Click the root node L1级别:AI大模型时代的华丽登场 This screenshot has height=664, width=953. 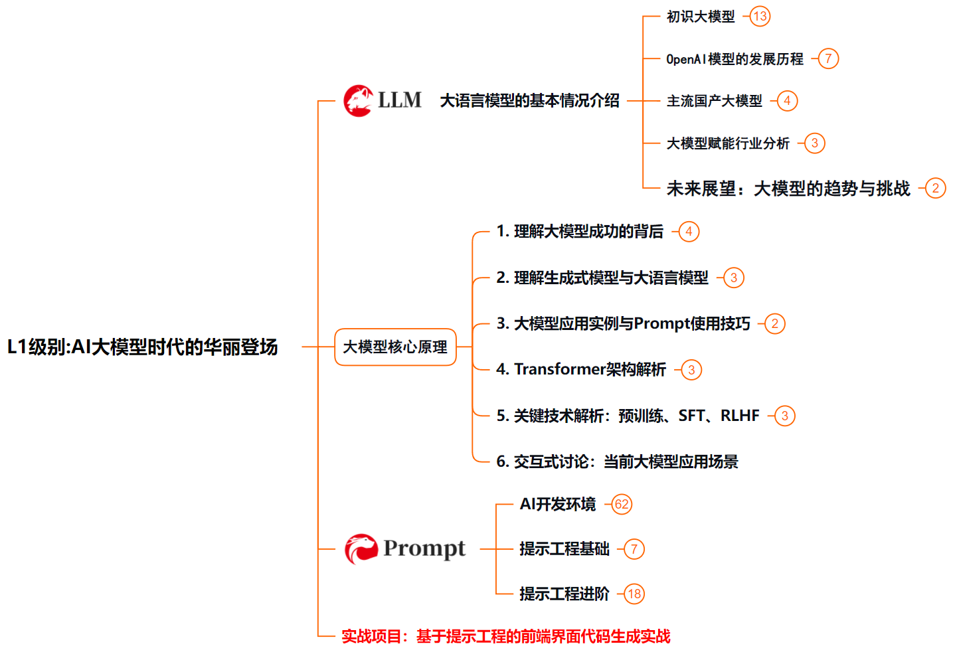(142, 347)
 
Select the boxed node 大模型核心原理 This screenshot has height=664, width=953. (395, 347)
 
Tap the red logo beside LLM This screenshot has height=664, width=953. (358, 101)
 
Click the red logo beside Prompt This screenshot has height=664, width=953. (361, 549)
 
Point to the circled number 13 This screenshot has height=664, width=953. (760, 17)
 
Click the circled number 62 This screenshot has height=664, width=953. (622, 504)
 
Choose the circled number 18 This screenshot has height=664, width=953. (634, 594)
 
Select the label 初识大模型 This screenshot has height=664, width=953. (701, 17)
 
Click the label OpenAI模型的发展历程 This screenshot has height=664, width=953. (735, 59)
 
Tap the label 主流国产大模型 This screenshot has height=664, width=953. (714, 101)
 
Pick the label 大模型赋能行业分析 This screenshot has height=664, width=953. (728, 143)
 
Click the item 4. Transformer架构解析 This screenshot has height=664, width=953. (581, 369)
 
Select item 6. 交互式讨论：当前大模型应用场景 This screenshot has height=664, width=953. (617, 461)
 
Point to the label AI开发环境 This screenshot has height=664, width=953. (558, 504)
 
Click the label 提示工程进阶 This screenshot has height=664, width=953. (564, 594)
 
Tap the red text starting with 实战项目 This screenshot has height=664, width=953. (505, 636)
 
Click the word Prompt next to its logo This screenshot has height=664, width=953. (424, 548)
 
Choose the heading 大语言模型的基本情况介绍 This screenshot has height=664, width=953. (529, 101)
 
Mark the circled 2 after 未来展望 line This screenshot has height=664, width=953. (935, 189)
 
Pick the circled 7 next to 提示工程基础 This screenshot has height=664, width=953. (634, 549)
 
